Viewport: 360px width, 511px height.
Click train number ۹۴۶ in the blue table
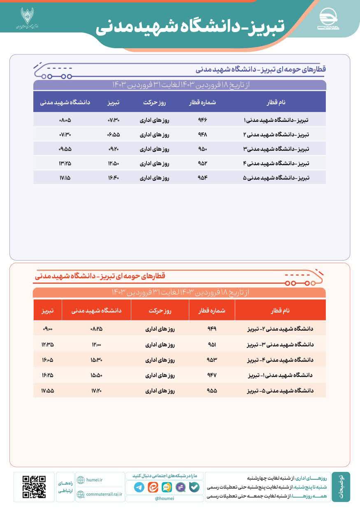pyautogui.click(x=202, y=120)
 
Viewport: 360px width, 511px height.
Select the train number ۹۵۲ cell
pyautogui.click(x=202, y=163)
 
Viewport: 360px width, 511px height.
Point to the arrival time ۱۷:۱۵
pyautogui.click(x=65, y=178)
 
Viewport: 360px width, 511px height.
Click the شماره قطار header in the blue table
pyautogui.click(x=202, y=102)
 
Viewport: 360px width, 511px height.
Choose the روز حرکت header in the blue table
pyautogui.click(x=155, y=102)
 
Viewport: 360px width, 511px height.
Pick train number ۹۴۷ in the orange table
pyautogui.click(x=211, y=375)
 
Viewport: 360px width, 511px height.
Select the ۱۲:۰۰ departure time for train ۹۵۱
pyautogui.click(x=96, y=344)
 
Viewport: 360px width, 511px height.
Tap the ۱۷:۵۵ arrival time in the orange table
pyautogui.click(x=47, y=391)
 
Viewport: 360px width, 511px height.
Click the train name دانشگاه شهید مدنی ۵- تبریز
pyautogui.click(x=280, y=391)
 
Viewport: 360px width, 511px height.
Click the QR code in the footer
pyautogui.click(x=34, y=487)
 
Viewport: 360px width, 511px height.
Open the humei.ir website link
pyautogui.click(x=94, y=480)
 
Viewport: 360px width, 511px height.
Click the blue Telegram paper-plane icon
pyautogui.click(x=139, y=487)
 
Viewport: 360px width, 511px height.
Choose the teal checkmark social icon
pyautogui.click(x=194, y=487)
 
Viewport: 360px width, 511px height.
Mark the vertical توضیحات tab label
pyautogui.click(x=341, y=487)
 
